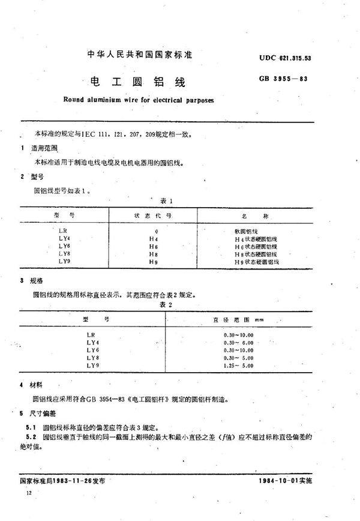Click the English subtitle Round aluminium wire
[137, 100]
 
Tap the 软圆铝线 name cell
[247, 230]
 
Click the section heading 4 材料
[30, 384]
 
